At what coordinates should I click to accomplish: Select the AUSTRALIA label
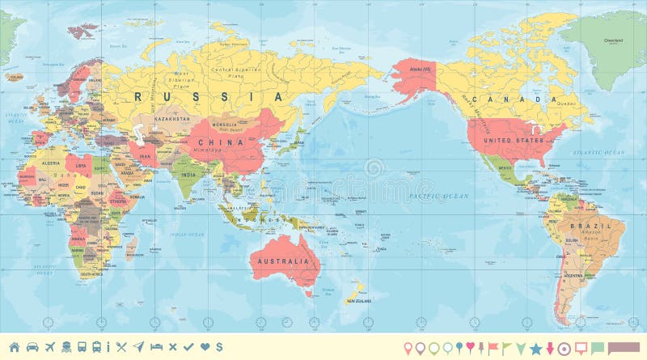point(283,261)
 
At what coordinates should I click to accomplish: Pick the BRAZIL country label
point(585,225)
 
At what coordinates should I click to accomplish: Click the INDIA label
point(188,174)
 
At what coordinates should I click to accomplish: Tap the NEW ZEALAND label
point(358,301)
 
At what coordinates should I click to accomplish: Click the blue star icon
point(535,347)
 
